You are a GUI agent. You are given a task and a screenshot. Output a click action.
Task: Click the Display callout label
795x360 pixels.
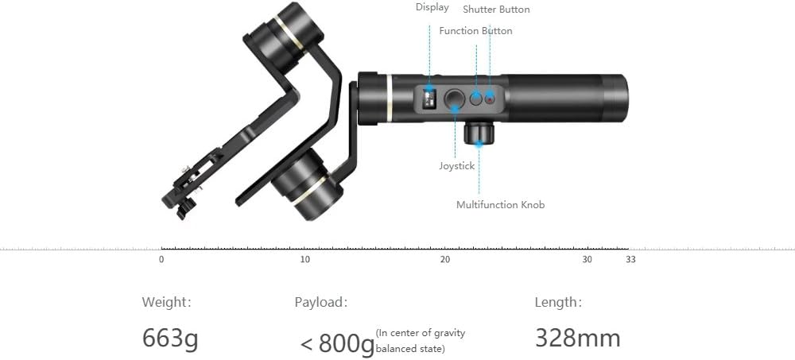point(432,7)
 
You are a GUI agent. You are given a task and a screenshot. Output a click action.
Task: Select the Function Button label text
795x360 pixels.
point(475,31)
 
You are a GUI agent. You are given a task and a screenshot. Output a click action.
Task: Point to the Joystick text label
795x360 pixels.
point(456,166)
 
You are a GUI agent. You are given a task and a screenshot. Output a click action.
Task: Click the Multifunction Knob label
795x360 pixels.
point(500,205)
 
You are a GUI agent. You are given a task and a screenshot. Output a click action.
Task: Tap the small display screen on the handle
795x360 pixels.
point(430,99)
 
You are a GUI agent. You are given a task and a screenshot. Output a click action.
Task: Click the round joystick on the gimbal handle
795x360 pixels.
point(454,99)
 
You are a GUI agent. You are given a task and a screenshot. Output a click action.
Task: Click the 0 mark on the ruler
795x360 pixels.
point(161,260)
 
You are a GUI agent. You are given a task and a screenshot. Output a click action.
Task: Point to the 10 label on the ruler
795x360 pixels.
point(305,260)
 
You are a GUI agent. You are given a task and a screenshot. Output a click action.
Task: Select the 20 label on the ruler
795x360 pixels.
point(445,260)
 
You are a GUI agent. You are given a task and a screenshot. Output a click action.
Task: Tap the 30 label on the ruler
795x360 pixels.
point(587,260)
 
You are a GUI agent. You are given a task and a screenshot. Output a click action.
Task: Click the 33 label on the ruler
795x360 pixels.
point(630,260)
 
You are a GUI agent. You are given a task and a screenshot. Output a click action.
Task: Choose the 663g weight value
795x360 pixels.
point(170,339)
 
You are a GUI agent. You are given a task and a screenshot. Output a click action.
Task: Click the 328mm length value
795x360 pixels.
point(577,339)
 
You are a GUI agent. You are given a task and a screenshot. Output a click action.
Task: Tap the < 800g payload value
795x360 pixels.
point(337,343)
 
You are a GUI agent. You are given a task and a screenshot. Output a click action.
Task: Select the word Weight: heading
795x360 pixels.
point(166,302)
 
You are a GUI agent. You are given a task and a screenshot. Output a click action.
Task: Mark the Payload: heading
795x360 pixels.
point(320,302)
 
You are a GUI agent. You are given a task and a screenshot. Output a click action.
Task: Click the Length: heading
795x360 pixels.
point(558,302)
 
